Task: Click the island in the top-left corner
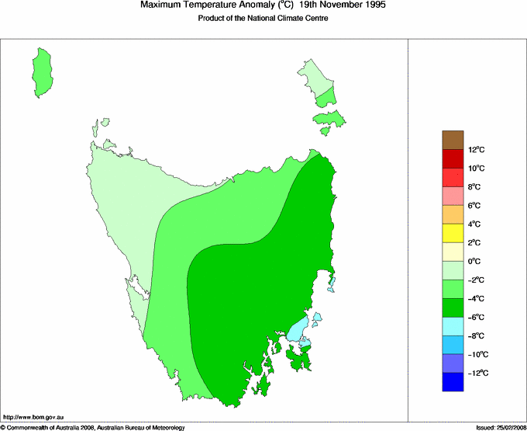(x=43, y=68)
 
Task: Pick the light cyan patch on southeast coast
(x=297, y=329)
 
